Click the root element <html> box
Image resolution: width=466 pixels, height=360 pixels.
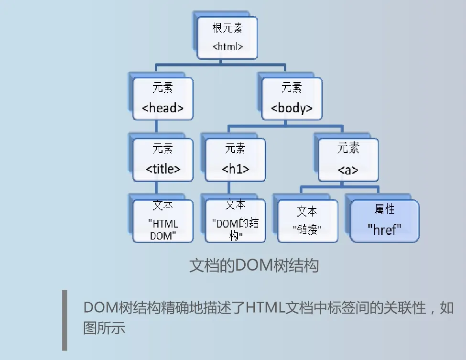point(228,38)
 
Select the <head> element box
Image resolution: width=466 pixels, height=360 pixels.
point(163,98)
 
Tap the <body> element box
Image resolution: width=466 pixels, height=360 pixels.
point(292,98)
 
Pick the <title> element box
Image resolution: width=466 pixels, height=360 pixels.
point(163,160)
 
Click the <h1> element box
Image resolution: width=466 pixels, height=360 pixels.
point(235,160)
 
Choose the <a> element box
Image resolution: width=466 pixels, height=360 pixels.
point(348,160)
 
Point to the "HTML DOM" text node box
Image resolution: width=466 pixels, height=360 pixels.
point(163,221)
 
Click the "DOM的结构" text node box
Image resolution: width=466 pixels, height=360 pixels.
point(235,221)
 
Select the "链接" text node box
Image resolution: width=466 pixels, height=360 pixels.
point(307,221)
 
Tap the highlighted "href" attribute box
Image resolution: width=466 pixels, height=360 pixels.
point(384,221)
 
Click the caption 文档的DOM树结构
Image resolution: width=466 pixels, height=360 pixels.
point(254,265)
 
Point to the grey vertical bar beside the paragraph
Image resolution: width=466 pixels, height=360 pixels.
point(65,320)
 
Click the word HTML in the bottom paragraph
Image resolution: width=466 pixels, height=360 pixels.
point(265,307)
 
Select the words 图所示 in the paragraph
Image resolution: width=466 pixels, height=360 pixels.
point(104,328)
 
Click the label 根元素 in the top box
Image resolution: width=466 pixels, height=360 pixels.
point(228,29)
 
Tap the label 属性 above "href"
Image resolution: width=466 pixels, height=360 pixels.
point(384,210)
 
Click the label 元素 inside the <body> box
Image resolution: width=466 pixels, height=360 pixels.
point(292,88)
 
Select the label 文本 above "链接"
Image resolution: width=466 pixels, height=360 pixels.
point(307,211)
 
